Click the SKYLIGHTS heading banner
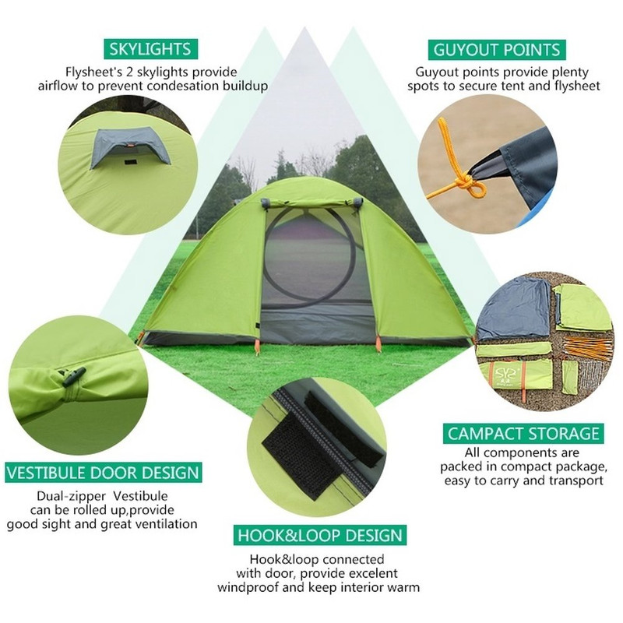click(x=150, y=49)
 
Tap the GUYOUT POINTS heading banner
click(x=497, y=50)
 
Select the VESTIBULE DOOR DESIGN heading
click(x=104, y=473)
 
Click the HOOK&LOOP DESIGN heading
click(x=320, y=535)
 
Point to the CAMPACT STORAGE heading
click(x=523, y=434)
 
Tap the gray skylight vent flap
click(x=130, y=146)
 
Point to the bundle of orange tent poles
click(x=586, y=347)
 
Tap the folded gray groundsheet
click(x=512, y=308)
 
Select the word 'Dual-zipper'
click(x=72, y=496)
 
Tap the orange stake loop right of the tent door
click(x=378, y=343)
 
